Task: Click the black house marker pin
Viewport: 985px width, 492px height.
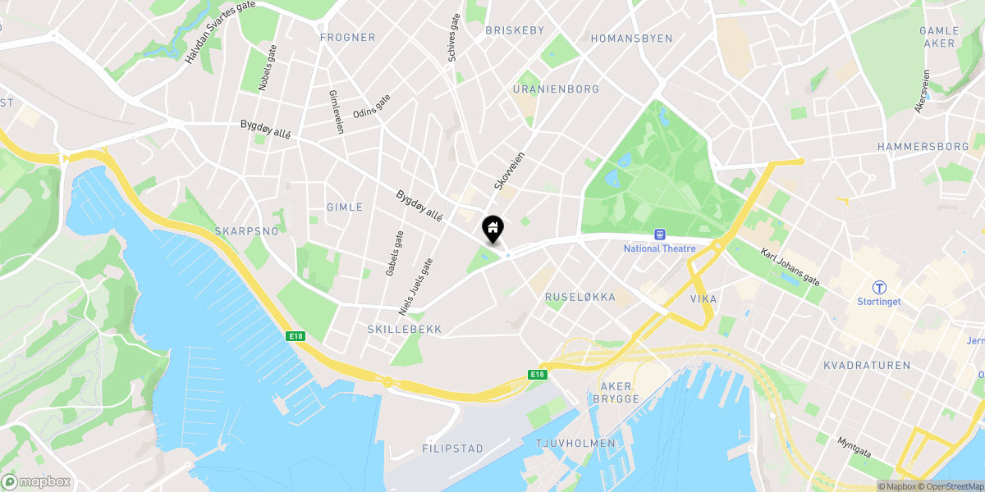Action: pyautogui.click(x=492, y=229)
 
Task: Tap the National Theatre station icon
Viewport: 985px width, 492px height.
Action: pyautogui.click(x=658, y=235)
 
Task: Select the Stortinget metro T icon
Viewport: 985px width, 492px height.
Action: pyautogui.click(x=879, y=287)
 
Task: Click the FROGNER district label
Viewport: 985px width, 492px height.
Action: pyautogui.click(x=347, y=38)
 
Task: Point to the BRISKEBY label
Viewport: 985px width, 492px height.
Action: pyautogui.click(x=515, y=30)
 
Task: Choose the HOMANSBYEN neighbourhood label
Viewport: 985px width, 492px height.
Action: pyautogui.click(x=631, y=39)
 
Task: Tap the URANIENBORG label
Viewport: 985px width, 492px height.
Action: pyautogui.click(x=556, y=89)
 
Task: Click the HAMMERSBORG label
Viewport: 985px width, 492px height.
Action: pyautogui.click(x=923, y=147)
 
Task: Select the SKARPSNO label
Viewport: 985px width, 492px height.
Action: pyautogui.click(x=246, y=231)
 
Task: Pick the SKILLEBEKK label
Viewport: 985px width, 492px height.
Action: pyautogui.click(x=405, y=330)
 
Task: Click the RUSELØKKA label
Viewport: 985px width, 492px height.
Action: pyautogui.click(x=580, y=298)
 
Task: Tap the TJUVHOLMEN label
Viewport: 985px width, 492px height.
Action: pyautogui.click(x=575, y=444)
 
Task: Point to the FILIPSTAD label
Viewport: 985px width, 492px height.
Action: pyautogui.click(x=452, y=449)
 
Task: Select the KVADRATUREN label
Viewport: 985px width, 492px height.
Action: pyautogui.click(x=867, y=366)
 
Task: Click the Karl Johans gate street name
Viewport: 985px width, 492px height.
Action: pyautogui.click(x=790, y=267)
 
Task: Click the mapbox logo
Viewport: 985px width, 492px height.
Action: pyautogui.click(x=36, y=482)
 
